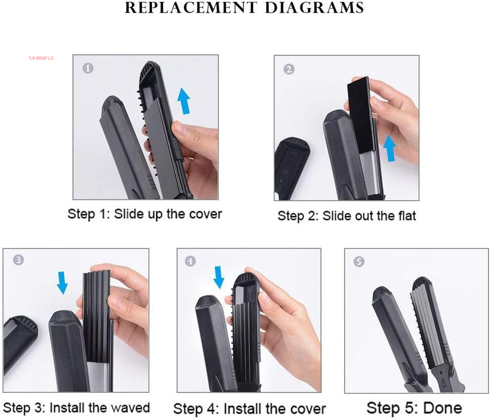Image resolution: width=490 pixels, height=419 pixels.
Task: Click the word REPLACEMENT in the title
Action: pos(188,8)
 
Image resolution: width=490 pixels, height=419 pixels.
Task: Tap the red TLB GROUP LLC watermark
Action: pos(41,58)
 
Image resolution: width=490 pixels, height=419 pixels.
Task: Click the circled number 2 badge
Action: pos(289,69)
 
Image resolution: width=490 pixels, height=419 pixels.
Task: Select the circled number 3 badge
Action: pos(18,260)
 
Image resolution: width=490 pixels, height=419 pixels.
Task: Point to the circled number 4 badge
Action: pos(190,261)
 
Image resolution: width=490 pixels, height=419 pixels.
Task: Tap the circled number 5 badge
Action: pos(359,262)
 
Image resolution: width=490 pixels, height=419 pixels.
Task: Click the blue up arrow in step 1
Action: pos(185,99)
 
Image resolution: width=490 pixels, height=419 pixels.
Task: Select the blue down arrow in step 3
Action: pos(62,283)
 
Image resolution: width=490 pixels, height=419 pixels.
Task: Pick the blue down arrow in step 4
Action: pos(219,277)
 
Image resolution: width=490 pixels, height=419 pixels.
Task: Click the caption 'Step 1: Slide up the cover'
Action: pos(145,214)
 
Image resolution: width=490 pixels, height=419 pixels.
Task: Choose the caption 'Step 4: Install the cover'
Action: pos(250,408)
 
